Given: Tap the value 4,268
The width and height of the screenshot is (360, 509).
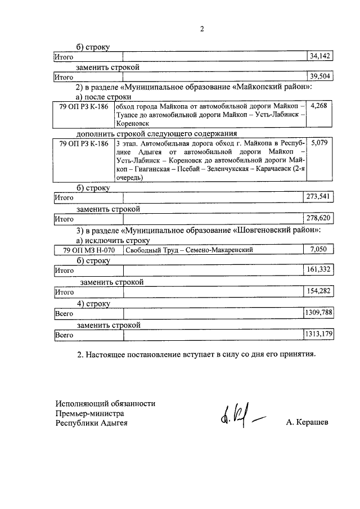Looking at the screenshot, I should [318, 106].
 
